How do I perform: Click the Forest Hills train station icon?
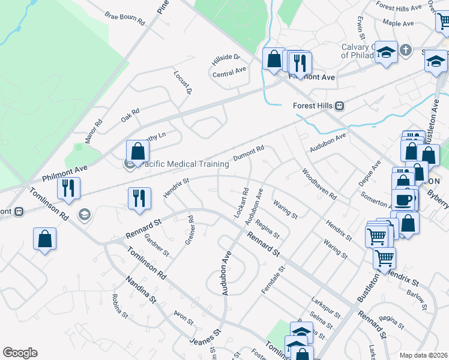[x=339, y=106]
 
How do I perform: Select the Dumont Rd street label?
[x=249, y=153]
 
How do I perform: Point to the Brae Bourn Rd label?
[x=125, y=19]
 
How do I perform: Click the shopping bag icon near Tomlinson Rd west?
[x=45, y=239]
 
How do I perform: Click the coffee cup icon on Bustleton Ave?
[x=403, y=199]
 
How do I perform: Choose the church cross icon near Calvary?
[x=406, y=50]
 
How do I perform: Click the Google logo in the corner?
[x=20, y=353]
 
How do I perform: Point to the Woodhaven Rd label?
[x=319, y=184]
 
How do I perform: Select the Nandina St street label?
[x=140, y=289]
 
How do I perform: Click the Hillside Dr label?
[x=226, y=60]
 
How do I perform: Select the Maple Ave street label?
[x=399, y=23]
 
